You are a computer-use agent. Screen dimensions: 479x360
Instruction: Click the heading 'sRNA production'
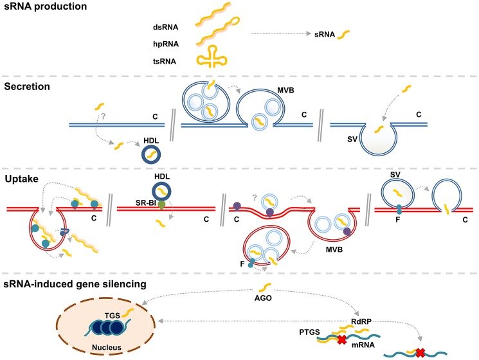click(46, 6)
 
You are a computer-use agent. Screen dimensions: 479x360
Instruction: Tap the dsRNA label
click(166, 27)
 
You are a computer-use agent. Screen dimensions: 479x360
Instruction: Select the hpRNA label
click(166, 44)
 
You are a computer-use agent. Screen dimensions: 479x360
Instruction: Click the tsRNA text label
click(165, 61)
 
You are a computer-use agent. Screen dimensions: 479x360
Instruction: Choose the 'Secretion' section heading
click(27, 86)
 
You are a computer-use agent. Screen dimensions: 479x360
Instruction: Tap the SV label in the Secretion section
click(352, 139)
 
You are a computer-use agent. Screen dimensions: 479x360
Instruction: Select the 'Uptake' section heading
click(21, 179)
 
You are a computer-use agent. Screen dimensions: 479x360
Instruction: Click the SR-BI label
click(147, 203)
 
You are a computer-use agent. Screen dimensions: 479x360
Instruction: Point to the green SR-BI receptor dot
click(161, 204)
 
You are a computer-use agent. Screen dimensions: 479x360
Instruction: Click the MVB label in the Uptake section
click(334, 249)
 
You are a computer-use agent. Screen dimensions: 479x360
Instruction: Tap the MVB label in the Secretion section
click(285, 90)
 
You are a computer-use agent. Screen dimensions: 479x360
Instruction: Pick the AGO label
click(263, 298)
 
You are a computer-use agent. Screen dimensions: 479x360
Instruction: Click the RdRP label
click(361, 321)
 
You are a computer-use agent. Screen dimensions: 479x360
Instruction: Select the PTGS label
click(309, 332)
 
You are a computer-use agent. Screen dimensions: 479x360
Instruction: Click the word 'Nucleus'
click(107, 347)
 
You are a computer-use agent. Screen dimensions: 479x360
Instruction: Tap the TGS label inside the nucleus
click(113, 316)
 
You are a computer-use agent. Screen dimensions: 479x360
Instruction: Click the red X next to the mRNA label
click(341, 339)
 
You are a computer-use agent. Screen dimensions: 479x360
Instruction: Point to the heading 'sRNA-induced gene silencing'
click(75, 284)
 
